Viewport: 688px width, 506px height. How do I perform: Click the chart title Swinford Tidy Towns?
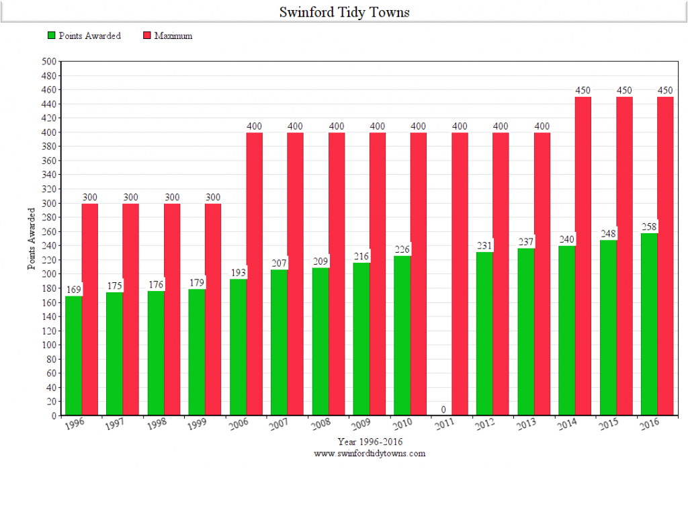344,13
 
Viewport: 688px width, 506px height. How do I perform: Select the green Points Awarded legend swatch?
50,36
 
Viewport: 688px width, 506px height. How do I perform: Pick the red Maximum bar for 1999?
212,309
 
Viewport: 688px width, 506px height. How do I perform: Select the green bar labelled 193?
238,347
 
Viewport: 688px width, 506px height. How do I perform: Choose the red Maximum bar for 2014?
583,255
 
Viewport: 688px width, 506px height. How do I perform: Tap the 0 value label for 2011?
443,409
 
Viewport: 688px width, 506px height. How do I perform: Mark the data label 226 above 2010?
402,249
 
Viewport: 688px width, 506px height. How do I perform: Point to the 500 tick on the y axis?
49,61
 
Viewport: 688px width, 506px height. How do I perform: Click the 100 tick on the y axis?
49,345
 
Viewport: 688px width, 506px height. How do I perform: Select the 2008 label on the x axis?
321,425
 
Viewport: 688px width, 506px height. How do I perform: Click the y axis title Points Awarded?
32,239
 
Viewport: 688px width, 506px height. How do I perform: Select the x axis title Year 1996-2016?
370,441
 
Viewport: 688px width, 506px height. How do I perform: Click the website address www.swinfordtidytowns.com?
370,454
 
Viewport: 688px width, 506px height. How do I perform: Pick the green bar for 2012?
484,333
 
